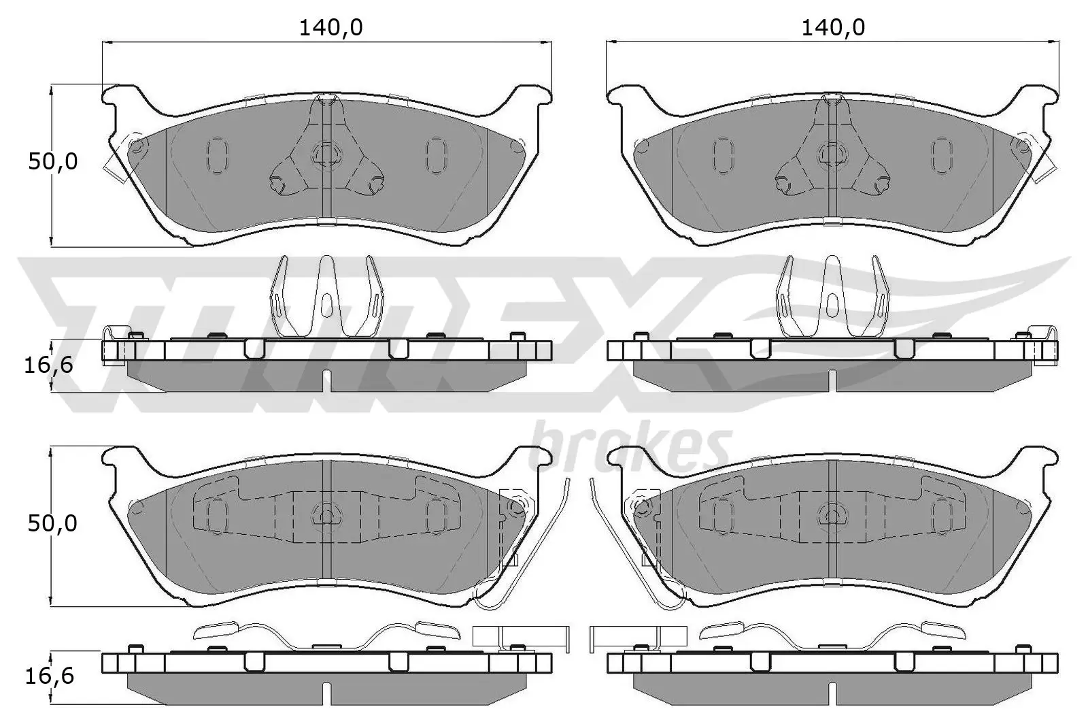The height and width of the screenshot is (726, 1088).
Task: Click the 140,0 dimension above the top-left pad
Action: coord(331,27)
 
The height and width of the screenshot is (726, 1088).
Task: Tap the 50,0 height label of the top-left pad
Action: coord(52,162)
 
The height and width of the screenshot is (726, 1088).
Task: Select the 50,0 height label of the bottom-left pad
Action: coord(52,523)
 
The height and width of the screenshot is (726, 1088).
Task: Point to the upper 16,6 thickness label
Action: coord(48,365)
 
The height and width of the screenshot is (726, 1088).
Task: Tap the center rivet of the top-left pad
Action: coord(327,153)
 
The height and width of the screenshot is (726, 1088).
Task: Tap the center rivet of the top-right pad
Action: coord(830,153)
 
